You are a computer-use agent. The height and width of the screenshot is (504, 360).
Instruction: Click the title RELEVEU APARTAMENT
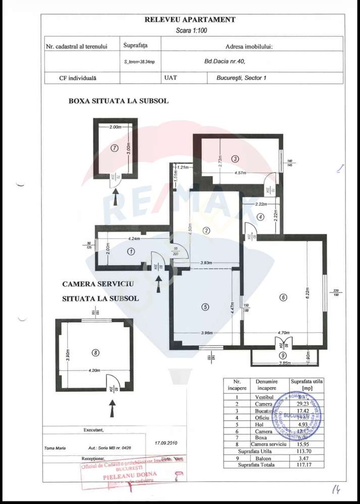click(190, 20)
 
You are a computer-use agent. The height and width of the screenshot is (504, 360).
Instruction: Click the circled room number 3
click(235, 158)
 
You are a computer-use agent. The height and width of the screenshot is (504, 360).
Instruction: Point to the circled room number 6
click(283, 298)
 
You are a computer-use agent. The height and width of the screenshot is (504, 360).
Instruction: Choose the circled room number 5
click(205, 307)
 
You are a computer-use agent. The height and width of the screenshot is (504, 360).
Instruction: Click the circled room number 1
click(131, 251)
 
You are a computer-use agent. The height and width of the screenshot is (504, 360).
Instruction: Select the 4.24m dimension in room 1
click(134, 238)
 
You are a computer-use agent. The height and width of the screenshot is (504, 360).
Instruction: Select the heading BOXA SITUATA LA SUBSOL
click(119, 101)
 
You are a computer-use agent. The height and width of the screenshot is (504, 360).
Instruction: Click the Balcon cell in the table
click(263, 458)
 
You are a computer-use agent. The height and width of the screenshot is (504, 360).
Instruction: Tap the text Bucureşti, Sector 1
click(241, 78)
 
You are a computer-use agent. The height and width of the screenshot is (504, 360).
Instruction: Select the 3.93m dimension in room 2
click(205, 263)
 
